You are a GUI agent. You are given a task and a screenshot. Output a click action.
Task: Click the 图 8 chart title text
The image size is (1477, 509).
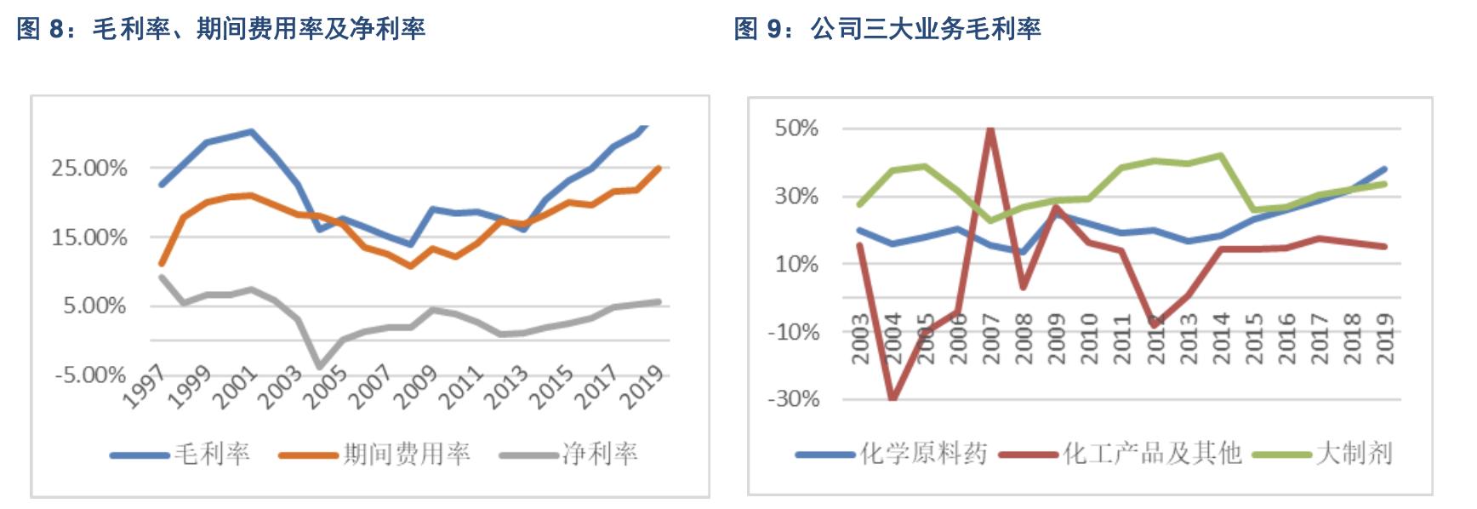coord(220,29)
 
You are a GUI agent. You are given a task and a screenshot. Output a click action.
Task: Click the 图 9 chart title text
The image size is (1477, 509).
coord(887,29)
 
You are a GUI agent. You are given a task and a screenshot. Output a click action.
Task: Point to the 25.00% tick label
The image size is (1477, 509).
coord(89,168)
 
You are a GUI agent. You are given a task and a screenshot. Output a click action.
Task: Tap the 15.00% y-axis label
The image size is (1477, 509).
coord(89,237)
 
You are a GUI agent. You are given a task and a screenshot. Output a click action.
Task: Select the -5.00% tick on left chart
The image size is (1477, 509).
coord(89,375)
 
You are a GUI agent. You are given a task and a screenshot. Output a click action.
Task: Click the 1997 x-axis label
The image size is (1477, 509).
coord(145,388)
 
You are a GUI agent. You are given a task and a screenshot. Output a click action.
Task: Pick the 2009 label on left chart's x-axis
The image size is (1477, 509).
coord(416,388)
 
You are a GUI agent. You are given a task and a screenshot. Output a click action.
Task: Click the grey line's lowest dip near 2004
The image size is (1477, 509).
coord(320,366)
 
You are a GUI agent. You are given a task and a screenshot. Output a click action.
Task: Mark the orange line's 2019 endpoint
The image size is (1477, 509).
coord(659,169)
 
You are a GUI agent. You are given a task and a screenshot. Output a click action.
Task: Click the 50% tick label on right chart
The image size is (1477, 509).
coord(796,129)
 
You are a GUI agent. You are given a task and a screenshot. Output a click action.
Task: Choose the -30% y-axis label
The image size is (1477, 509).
coord(793,399)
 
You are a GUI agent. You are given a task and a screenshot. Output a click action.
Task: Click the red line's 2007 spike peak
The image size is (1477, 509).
coord(990,129)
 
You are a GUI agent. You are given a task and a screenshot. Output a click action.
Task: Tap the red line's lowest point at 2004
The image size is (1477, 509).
coord(892,398)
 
